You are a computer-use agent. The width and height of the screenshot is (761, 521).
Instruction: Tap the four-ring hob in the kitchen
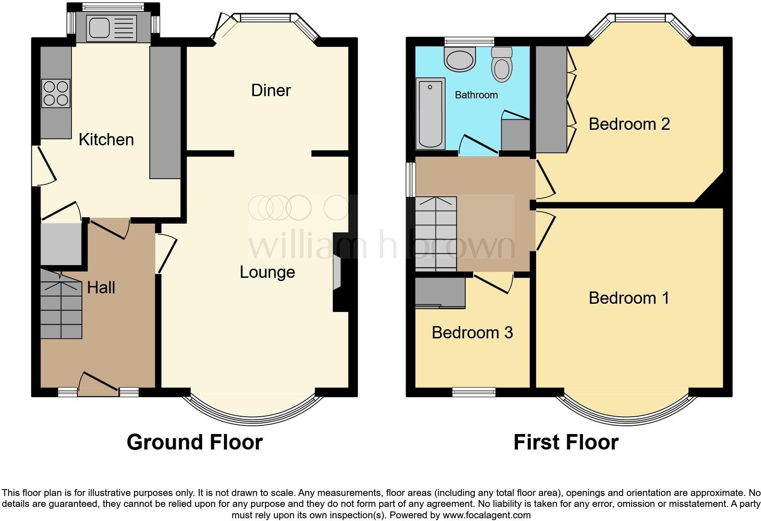pyautogui.click(x=56, y=93)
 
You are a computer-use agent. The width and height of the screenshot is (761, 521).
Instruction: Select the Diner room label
pyautogui.click(x=271, y=90)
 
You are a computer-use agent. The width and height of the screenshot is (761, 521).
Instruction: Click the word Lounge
pyautogui.click(x=267, y=272)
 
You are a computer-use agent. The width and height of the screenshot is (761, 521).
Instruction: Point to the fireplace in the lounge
pyautogui.click(x=338, y=272)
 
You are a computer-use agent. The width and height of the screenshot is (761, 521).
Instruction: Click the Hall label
pyautogui.click(x=101, y=287)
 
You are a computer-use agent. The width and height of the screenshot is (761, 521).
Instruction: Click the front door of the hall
pyautogui.click(x=98, y=383)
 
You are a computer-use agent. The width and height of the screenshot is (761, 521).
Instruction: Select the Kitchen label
pyautogui.click(x=106, y=139)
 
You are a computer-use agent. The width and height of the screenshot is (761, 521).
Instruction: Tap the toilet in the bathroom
pyautogui.click(x=502, y=65)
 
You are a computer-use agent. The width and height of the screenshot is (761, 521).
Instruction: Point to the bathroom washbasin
pyautogui.click(x=460, y=60)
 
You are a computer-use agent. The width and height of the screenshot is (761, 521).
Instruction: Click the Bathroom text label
pyautogui.click(x=476, y=95)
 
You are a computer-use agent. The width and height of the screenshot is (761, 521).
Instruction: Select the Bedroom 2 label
pyautogui.click(x=629, y=124)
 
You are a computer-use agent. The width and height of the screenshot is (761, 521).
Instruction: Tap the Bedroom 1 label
pyautogui.click(x=629, y=298)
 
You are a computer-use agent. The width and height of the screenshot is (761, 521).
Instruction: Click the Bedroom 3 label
pyautogui.click(x=472, y=332)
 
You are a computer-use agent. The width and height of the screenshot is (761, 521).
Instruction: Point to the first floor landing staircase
pyautogui.click(x=436, y=234)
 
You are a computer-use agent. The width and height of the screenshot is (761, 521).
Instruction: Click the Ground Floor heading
pyautogui.click(x=194, y=442)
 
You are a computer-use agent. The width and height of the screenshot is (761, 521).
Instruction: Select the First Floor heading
pyautogui.click(x=566, y=442)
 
